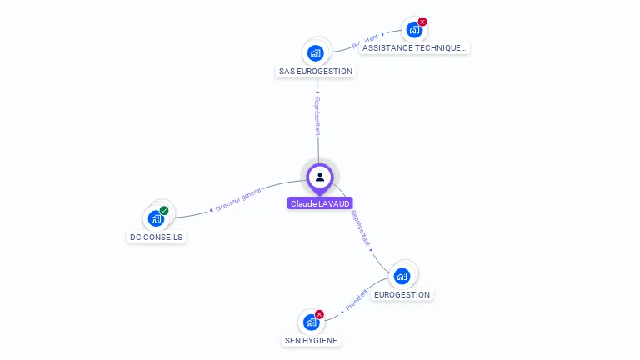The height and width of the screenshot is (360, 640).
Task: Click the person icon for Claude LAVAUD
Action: (x=320, y=177)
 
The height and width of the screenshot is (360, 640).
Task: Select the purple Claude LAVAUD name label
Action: (x=320, y=203)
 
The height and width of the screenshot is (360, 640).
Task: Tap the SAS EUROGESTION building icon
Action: (x=315, y=53)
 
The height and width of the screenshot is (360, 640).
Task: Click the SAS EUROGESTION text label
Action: (x=316, y=72)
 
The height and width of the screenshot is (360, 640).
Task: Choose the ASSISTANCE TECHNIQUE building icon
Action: (x=414, y=31)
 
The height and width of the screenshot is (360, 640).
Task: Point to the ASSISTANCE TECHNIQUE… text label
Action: (x=414, y=48)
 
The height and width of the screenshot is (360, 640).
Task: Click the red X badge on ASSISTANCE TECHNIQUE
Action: (x=422, y=22)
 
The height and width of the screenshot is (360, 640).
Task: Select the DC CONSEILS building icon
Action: (x=156, y=218)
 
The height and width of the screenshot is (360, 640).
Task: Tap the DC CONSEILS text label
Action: (x=156, y=237)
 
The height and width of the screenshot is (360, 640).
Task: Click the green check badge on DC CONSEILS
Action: (x=164, y=211)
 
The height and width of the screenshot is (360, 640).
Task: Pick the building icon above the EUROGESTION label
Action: (x=402, y=276)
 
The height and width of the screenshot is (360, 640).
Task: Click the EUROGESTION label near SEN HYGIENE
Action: (x=402, y=294)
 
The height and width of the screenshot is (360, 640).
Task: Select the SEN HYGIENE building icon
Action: (x=312, y=322)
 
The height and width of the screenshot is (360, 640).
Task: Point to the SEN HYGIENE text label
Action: (x=312, y=340)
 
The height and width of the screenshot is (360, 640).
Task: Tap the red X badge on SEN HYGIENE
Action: (x=319, y=314)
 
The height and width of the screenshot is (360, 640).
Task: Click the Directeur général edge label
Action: (x=238, y=200)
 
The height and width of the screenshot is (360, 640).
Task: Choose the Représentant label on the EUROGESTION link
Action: (x=362, y=227)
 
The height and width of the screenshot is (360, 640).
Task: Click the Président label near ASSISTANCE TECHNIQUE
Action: (x=365, y=41)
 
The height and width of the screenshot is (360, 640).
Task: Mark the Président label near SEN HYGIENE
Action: (x=356, y=300)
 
